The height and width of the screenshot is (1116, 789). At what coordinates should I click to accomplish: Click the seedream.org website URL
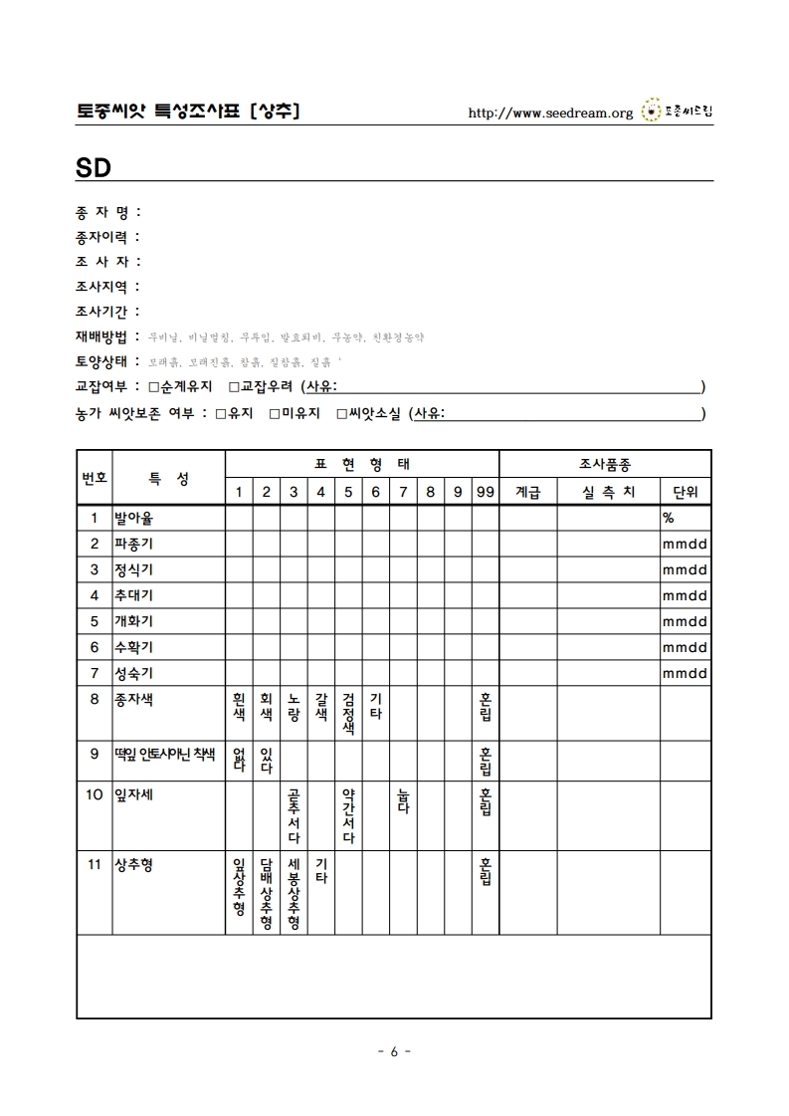[550, 112]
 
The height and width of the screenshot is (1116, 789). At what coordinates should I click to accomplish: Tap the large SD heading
[92, 165]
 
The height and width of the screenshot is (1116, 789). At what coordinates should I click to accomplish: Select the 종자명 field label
[107, 212]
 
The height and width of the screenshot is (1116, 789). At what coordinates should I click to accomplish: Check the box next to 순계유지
[153, 387]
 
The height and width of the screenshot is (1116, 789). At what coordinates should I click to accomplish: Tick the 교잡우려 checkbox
[234, 387]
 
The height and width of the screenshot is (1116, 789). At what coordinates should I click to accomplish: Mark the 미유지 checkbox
[275, 413]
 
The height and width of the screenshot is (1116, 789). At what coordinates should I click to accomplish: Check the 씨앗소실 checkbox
[341, 413]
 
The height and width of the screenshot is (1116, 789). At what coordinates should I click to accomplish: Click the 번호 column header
[95, 478]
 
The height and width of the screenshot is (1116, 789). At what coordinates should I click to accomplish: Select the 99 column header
[485, 492]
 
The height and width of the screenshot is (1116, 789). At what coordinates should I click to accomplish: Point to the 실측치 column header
[608, 492]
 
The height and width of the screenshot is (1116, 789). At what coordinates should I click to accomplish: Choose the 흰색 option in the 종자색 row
[239, 707]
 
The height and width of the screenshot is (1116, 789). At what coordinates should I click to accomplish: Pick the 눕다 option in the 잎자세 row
[403, 800]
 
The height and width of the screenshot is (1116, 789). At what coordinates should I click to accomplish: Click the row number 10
[95, 794]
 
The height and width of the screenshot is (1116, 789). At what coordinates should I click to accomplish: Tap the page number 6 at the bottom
[394, 1052]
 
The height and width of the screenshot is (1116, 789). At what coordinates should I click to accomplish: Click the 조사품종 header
[604, 464]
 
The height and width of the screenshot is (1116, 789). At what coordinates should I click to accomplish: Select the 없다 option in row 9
[239, 760]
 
